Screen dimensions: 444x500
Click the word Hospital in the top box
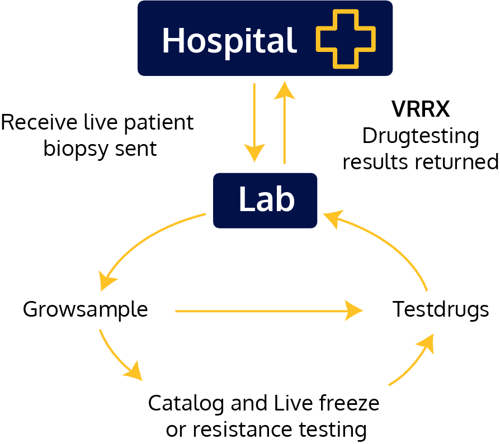click(x=229, y=40)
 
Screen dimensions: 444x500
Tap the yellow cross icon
click(x=345, y=38)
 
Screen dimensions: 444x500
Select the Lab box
click(x=265, y=200)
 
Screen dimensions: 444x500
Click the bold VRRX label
click(x=421, y=109)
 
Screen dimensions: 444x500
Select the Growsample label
click(x=85, y=309)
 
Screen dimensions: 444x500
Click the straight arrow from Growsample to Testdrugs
click(x=268, y=311)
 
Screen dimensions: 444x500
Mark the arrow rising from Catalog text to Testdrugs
click(x=414, y=360)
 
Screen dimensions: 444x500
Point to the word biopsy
click(x=77, y=149)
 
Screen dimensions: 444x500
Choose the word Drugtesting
click(x=421, y=136)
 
